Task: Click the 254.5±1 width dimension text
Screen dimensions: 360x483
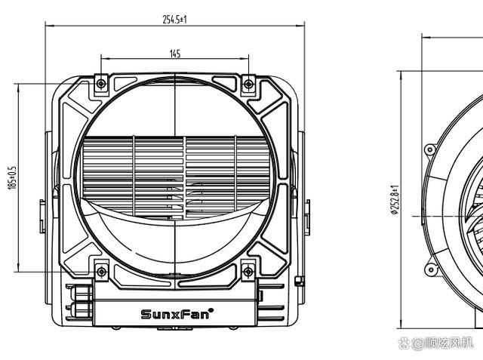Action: (174, 19)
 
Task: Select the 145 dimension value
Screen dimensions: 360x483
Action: (174, 54)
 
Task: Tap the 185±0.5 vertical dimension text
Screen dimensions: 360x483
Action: (12, 177)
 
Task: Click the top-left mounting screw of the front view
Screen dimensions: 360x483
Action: (101, 84)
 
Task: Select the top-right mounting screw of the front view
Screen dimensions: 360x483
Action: (248, 84)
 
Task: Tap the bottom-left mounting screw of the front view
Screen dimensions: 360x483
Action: (101, 271)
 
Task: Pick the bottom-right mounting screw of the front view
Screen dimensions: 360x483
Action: (248, 271)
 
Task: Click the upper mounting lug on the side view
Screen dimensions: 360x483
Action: (430, 149)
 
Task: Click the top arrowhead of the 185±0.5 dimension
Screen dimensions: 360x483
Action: (17, 85)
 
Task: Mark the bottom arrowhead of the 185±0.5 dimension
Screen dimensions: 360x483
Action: (17, 269)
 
